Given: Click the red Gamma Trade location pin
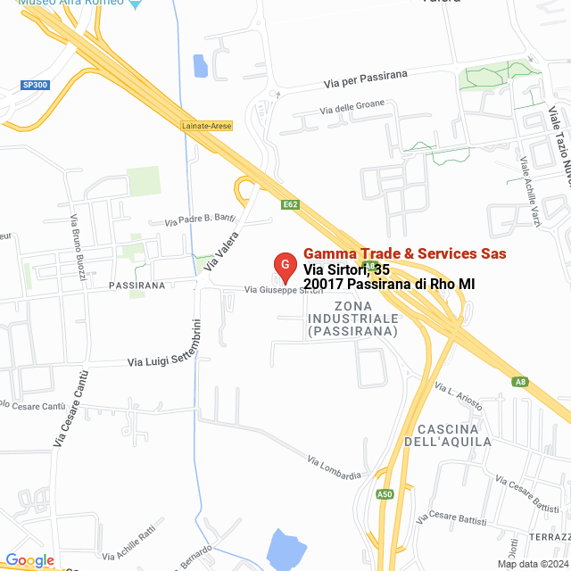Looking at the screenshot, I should pyautogui.click(x=284, y=266).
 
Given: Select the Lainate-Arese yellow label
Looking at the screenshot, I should pyautogui.click(x=206, y=126).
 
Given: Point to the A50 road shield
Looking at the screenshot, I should pyautogui.click(x=385, y=493).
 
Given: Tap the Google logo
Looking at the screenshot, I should pyautogui.click(x=29, y=560).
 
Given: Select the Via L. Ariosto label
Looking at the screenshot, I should pyautogui.click(x=459, y=395).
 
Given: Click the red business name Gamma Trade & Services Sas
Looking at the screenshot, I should pyautogui.click(x=405, y=253).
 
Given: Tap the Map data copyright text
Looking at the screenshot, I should pyautogui.click(x=533, y=563).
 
